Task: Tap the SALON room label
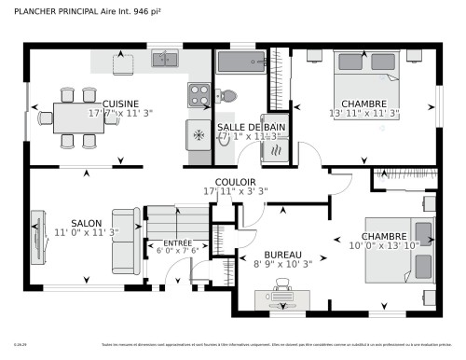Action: (x=86, y=223)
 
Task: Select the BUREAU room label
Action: (x=281, y=255)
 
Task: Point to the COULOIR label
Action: (x=235, y=182)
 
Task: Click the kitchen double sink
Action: (x=167, y=60)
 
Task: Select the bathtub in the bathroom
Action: (x=241, y=62)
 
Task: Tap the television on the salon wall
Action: (x=37, y=238)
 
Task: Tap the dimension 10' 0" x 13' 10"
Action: (x=385, y=246)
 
